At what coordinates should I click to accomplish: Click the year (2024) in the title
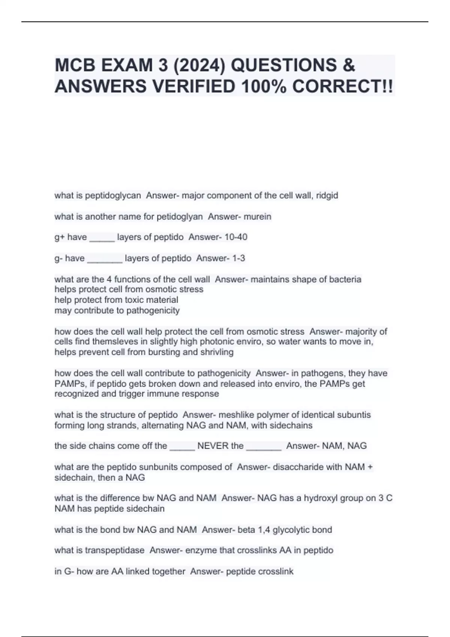(x=197, y=66)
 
